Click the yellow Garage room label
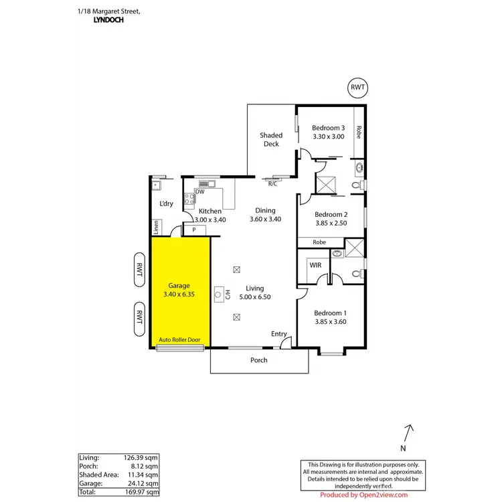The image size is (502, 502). [x=179, y=285]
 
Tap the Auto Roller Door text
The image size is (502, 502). [x=179, y=340]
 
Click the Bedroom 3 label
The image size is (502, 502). [x=329, y=128]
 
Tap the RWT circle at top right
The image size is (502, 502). [x=359, y=88]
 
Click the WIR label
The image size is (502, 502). [x=316, y=265]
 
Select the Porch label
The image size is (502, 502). [x=258, y=360]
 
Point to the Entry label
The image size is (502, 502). [x=278, y=334]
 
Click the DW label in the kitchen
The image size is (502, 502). [x=199, y=192]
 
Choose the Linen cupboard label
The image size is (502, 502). [x=156, y=228]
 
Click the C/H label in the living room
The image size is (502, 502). [x=227, y=294]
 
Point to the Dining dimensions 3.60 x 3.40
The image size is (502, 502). [x=265, y=219]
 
